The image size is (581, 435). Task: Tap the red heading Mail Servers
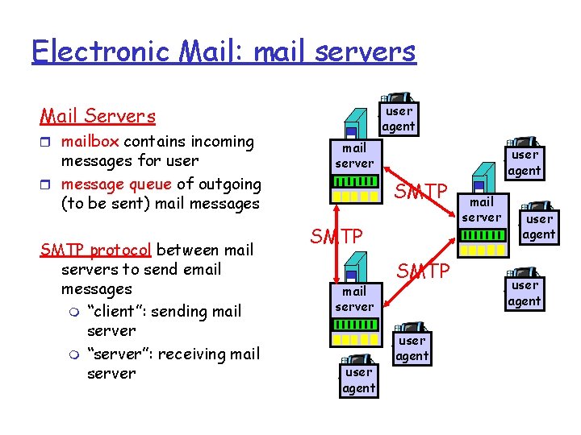[x=98, y=116]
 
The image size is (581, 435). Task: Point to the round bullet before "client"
[x=76, y=312]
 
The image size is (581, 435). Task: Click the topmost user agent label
[x=399, y=118]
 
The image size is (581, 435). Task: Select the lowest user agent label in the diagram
[x=358, y=380]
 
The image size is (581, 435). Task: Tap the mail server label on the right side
[x=483, y=209]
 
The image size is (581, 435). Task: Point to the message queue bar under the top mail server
[x=355, y=196]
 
